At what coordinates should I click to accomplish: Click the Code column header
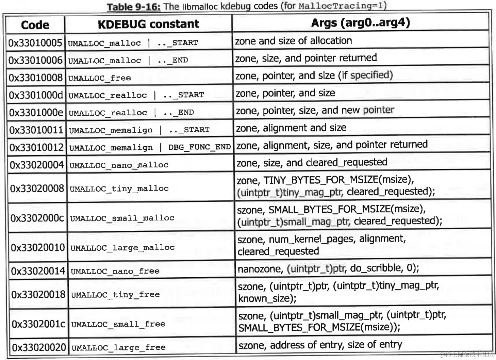tap(35, 25)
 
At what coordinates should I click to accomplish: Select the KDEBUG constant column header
tap(148, 24)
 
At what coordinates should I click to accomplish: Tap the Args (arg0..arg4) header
tap(360, 22)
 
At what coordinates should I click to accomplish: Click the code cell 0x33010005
tap(35, 43)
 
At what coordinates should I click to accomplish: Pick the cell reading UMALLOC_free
tap(99, 78)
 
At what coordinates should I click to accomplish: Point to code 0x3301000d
tap(36, 95)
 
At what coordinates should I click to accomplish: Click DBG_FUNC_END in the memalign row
tap(199, 147)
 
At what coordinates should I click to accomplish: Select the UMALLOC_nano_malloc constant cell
tap(119, 165)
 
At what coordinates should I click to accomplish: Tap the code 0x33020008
tap(37, 188)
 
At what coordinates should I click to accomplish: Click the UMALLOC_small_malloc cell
tap(122, 218)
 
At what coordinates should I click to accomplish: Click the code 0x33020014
tap(38, 271)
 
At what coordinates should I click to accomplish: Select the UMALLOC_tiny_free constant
tap(115, 294)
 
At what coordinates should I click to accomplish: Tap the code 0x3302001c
tap(38, 324)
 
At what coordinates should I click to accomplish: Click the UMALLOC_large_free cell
tap(118, 347)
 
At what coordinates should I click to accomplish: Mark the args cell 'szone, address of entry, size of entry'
tap(320, 345)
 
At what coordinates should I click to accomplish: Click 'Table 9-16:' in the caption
tap(133, 7)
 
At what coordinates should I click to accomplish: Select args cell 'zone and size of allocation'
tap(293, 41)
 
